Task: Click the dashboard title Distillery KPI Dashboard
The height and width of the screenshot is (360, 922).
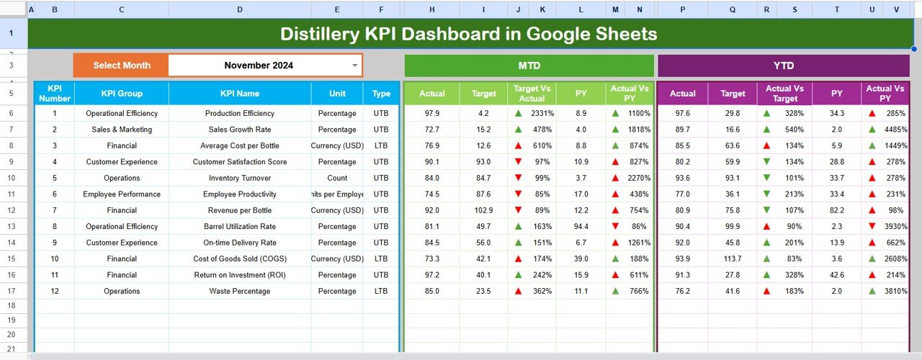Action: (468, 34)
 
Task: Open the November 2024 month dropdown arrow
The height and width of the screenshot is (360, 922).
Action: (354, 66)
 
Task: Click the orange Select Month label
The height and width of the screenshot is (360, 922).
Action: (122, 66)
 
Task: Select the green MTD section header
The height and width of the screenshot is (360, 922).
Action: (529, 66)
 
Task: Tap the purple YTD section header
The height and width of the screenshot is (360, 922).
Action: (783, 66)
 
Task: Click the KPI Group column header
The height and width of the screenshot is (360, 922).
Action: (122, 94)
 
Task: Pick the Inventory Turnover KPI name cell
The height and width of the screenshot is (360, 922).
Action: (240, 178)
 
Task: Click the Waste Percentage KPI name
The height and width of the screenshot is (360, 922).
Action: (240, 291)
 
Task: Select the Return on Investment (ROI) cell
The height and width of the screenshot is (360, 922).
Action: (240, 275)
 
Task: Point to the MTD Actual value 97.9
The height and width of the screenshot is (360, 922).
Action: (432, 113)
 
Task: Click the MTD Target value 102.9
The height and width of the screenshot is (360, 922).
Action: (484, 210)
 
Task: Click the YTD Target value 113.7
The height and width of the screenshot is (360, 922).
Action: (733, 258)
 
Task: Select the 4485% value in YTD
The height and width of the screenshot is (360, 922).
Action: (894, 130)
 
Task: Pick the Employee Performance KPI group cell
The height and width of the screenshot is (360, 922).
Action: (122, 194)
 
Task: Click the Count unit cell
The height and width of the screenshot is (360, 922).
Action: (337, 178)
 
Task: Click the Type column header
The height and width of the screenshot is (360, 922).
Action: (382, 94)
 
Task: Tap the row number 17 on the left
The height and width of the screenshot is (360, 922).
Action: (12, 291)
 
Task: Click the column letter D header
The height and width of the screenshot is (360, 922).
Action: (240, 9)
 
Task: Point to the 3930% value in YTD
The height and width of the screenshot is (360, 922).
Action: (894, 227)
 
